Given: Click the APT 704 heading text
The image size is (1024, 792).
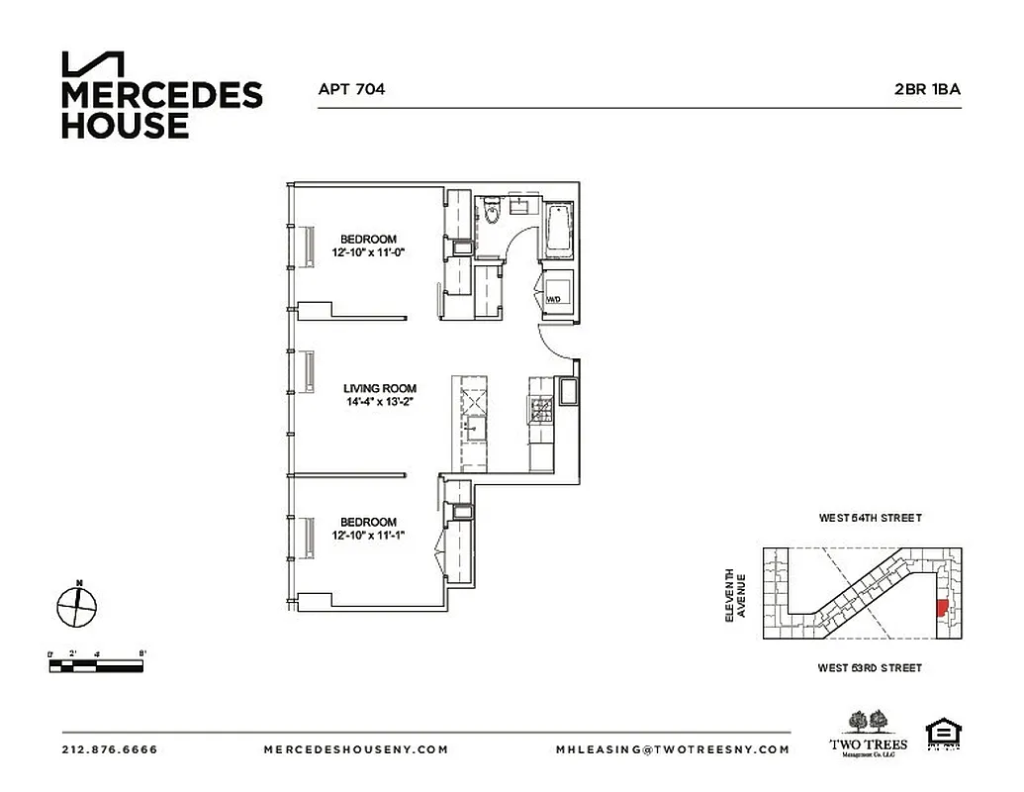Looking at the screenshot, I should pyautogui.click(x=351, y=89).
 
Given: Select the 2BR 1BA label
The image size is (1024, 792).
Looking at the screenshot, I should pyautogui.click(x=927, y=89).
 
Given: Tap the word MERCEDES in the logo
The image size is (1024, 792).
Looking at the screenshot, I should pyautogui.click(x=162, y=96).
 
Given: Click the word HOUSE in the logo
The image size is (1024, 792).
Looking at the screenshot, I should pyautogui.click(x=125, y=126).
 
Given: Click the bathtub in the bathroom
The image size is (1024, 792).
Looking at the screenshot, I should pyautogui.click(x=557, y=227).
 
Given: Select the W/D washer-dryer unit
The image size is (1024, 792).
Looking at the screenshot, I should pyautogui.click(x=556, y=293).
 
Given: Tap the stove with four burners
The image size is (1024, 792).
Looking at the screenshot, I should pyautogui.click(x=542, y=408).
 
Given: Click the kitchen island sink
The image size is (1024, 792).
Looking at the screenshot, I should pyautogui.click(x=476, y=427).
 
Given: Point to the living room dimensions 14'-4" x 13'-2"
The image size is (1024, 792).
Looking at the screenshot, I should pyautogui.click(x=380, y=403).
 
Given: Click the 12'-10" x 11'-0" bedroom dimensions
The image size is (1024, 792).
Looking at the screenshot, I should pyautogui.click(x=369, y=252).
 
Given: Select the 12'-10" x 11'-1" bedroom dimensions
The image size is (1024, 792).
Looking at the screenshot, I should pyautogui.click(x=369, y=536).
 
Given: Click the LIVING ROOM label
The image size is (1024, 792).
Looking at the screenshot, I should pyautogui.click(x=380, y=389).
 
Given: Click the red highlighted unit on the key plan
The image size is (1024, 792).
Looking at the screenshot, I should pyautogui.click(x=941, y=608).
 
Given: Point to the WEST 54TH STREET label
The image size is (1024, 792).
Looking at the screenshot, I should pyautogui.click(x=870, y=518).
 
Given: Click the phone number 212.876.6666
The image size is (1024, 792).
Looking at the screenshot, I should pyautogui.click(x=110, y=749).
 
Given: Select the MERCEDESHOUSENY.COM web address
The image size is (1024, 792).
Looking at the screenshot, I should pyautogui.click(x=355, y=749).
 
